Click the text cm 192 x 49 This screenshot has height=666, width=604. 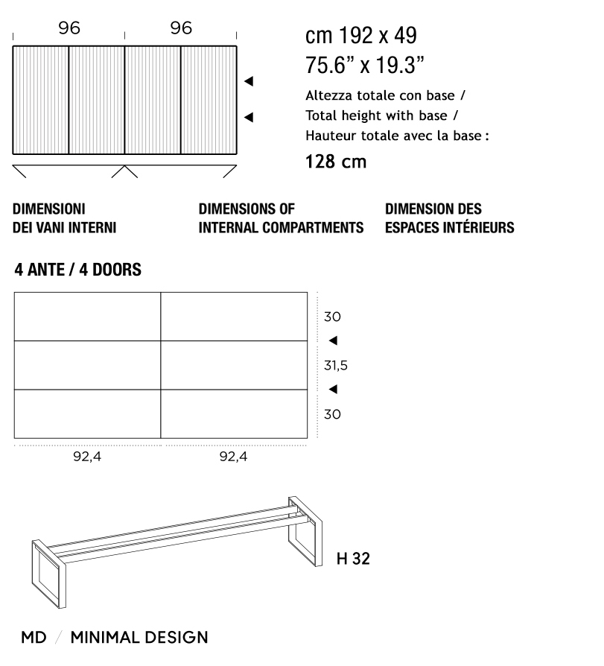[x=361, y=36]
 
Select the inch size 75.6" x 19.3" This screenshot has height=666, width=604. [x=365, y=65]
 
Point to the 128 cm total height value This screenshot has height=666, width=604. [x=336, y=162]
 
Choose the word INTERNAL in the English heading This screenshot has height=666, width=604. [x=225, y=228]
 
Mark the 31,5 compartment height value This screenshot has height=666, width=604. [x=336, y=366]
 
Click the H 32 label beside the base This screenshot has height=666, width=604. [x=352, y=558]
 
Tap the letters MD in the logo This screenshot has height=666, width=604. [x=34, y=638]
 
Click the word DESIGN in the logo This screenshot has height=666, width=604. [x=179, y=638]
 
